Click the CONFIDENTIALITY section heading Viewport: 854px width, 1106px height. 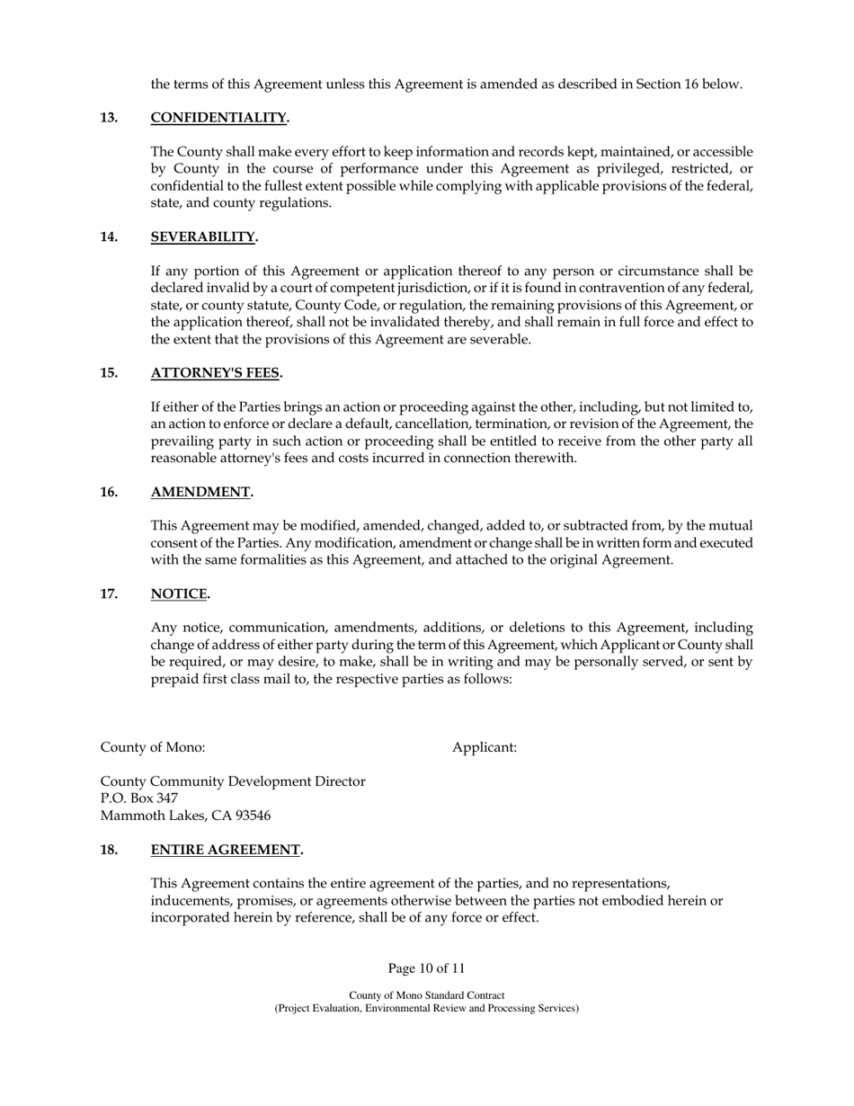point(219,118)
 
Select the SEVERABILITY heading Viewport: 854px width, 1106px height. point(204,236)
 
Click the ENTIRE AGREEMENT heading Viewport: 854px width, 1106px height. point(227,850)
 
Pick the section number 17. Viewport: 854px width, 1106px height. point(109,593)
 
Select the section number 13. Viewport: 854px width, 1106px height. point(109,118)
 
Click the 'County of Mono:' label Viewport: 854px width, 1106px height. point(152,747)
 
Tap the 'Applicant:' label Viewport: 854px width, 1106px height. point(485,747)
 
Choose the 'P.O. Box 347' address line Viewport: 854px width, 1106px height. point(138,798)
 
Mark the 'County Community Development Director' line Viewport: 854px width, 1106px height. point(233,781)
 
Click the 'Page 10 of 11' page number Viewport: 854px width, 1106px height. point(426,968)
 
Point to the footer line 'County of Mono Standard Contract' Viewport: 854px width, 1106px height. point(426,995)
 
